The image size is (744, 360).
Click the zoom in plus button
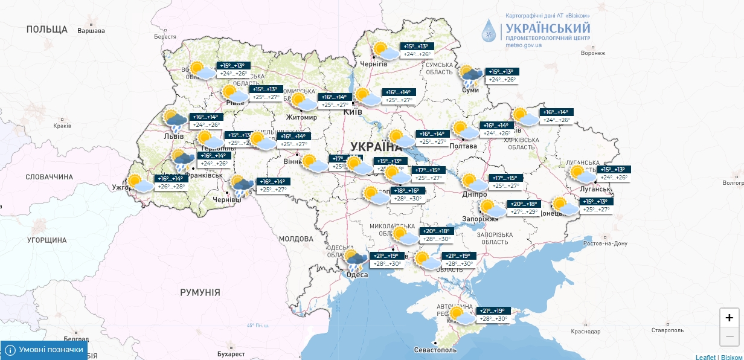[x=729, y=318]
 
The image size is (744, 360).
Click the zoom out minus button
[x=729, y=336]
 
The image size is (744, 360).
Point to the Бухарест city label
[x=231, y=353]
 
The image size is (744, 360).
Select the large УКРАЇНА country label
[x=375, y=147]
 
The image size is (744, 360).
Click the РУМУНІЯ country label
[x=200, y=292]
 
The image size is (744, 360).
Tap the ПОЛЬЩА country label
[x=46, y=29]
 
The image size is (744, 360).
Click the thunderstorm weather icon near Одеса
[x=356, y=261]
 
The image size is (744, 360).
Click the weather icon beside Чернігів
[x=384, y=51]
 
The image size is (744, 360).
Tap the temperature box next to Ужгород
[x=171, y=182]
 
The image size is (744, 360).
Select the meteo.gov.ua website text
[x=524, y=45]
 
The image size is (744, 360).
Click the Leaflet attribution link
[x=705, y=357]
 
